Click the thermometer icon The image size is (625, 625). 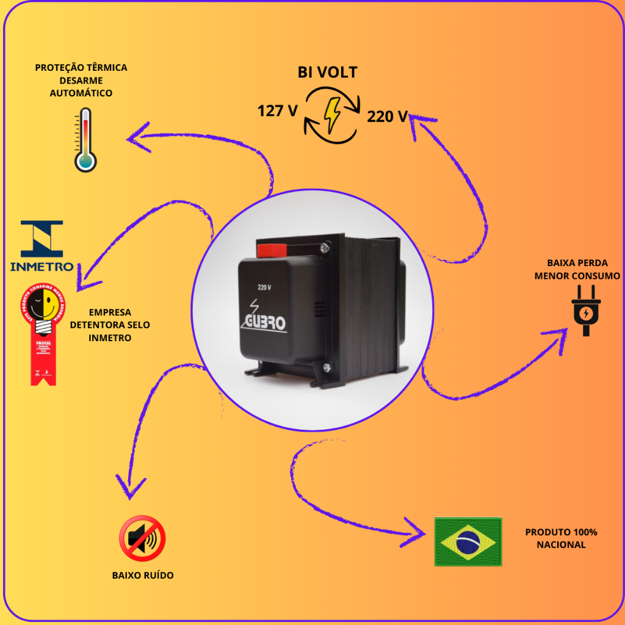click(85, 140)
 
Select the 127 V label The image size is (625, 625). click(277, 111)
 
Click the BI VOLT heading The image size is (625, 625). click(327, 73)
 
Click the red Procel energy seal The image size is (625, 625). click(40, 333)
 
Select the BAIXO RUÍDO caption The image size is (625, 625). click(143, 576)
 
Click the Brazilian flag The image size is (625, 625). click(468, 541)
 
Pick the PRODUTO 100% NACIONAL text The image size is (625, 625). click(561, 538)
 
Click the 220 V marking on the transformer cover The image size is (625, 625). click(264, 287)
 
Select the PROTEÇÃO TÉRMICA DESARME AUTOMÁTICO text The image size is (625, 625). click(81, 80)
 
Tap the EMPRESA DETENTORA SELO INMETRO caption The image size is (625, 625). click(110, 325)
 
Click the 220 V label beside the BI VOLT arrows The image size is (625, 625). click(387, 116)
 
